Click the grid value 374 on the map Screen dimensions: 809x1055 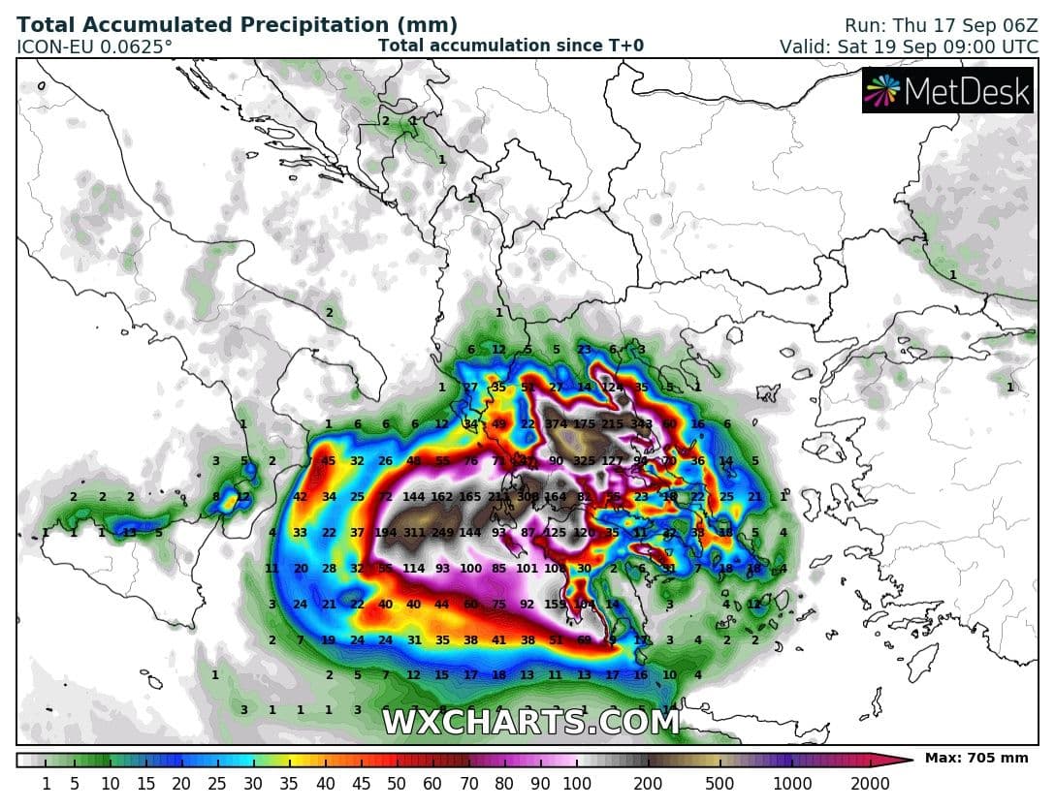click(x=556, y=424)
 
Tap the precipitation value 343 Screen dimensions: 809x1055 click(x=641, y=424)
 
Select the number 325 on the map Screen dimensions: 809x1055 click(x=585, y=461)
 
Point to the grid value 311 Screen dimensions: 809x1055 click(x=414, y=533)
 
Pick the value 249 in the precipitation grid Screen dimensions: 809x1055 click(x=442, y=533)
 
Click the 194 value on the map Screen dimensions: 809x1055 click(x=386, y=533)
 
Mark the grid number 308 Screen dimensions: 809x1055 click(x=527, y=497)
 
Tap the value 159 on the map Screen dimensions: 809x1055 click(x=556, y=605)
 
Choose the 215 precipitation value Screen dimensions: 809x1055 click(x=613, y=424)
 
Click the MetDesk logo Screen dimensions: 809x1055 click(x=947, y=91)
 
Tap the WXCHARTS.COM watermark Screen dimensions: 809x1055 click(x=530, y=722)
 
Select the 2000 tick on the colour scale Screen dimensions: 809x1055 click(x=869, y=783)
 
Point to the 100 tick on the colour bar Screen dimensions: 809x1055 click(x=576, y=783)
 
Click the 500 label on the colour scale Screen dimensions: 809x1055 click(x=720, y=783)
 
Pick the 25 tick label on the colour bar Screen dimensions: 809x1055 click(x=216, y=783)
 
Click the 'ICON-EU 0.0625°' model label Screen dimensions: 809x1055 click(x=95, y=46)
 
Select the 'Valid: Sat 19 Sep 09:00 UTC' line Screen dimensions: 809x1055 click(x=908, y=46)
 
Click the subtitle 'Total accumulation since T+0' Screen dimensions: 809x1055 click(x=510, y=45)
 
